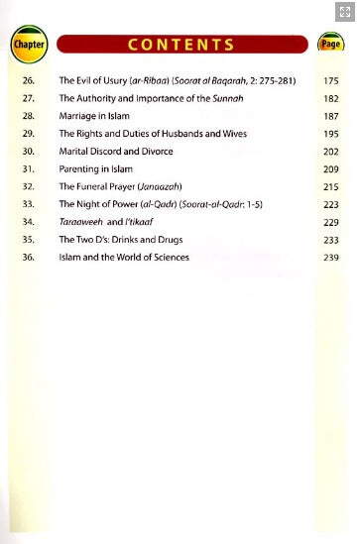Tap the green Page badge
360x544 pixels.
tap(330, 45)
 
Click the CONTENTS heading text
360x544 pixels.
tap(182, 45)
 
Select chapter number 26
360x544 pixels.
tap(28, 80)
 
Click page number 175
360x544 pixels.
tap(330, 80)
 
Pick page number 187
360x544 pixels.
tap(330, 116)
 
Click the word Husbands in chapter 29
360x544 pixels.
tap(189, 134)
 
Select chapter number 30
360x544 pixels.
tap(28, 152)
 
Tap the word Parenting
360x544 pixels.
tap(77, 169)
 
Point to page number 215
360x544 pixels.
tap(330, 186)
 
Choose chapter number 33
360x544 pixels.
tap(28, 204)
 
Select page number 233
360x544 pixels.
tap(330, 240)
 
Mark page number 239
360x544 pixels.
tap(330, 258)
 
